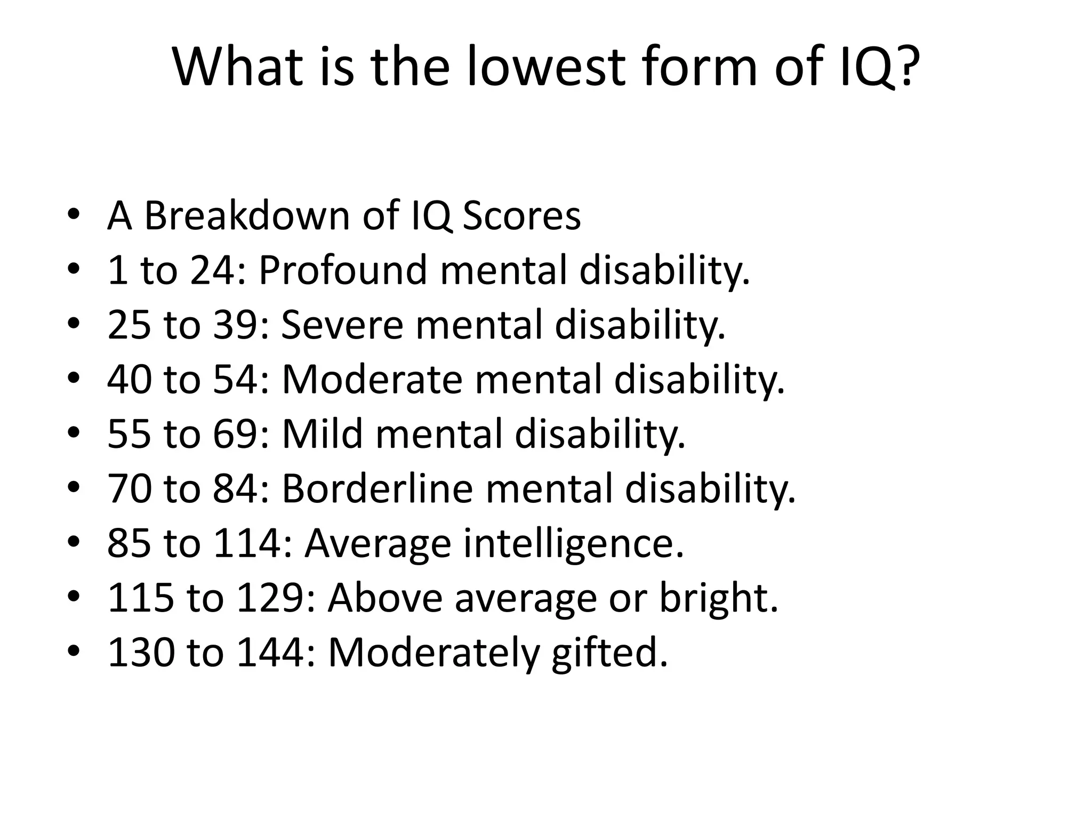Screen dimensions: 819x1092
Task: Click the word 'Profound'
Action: point(342,270)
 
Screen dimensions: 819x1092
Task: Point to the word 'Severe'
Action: point(341,325)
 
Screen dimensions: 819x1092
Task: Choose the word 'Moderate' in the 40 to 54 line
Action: point(372,379)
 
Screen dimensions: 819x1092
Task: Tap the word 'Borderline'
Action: point(377,488)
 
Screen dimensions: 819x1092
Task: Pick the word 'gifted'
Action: point(609,653)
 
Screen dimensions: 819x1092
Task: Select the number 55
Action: point(129,433)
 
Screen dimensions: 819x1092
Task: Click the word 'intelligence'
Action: point(573,544)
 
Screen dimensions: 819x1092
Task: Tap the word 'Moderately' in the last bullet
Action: point(433,653)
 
